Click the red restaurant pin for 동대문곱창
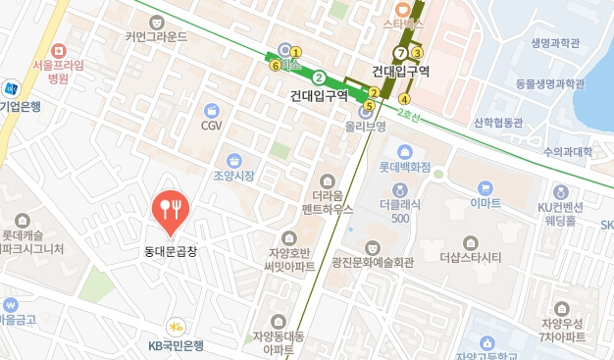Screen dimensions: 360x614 (x=172, y=211)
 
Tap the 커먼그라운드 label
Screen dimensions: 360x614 (x=156, y=37)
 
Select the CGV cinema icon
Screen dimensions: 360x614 (x=212, y=110)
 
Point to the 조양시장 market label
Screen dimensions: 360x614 (x=233, y=176)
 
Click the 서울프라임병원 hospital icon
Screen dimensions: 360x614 (x=59, y=49)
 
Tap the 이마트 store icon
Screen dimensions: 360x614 (x=485, y=187)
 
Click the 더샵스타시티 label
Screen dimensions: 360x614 (x=471, y=258)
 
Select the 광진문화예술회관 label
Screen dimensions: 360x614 (x=373, y=262)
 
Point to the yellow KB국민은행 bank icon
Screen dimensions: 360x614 (x=176, y=326)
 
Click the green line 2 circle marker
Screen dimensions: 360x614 (x=319, y=77)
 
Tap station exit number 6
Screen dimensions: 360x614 (x=275, y=66)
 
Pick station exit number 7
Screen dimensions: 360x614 (x=399, y=52)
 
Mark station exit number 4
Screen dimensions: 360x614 (x=404, y=99)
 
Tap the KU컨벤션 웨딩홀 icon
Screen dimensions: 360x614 (x=561, y=192)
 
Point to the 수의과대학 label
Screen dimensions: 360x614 (x=568, y=152)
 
